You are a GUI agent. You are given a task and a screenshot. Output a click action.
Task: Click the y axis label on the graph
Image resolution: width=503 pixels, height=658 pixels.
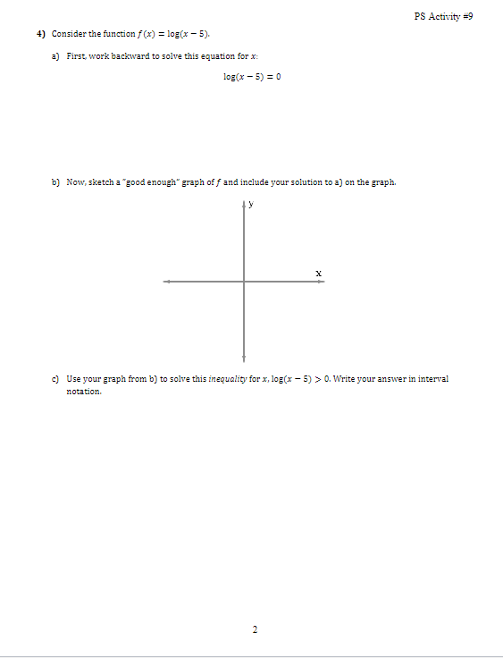[x=251, y=204]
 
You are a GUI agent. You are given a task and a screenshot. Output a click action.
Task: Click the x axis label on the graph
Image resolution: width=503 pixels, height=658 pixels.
[x=317, y=271]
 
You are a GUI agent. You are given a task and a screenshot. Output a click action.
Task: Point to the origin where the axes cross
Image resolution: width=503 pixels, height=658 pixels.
[x=244, y=282]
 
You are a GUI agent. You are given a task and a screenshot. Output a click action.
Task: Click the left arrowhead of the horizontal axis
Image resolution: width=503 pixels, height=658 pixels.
[x=165, y=282]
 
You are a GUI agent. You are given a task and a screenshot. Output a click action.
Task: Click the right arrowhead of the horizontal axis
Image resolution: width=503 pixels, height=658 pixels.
[x=323, y=282]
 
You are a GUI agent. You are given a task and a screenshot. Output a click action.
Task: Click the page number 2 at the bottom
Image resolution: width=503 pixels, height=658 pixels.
[x=254, y=629]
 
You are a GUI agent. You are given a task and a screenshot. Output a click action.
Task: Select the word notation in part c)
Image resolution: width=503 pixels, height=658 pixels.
[x=84, y=392]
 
